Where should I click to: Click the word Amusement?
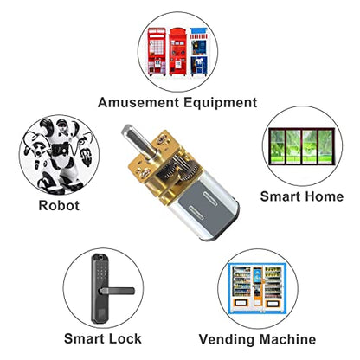click(x=138, y=102)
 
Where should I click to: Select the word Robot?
click(x=59, y=206)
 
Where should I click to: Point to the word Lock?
click(x=125, y=338)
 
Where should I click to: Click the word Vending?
click(x=226, y=339)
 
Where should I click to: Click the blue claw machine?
click(x=199, y=51)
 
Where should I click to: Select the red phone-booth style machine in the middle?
click(x=177, y=52)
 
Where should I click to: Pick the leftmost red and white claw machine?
click(x=157, y=51)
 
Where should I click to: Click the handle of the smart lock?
click(x=117, y=291)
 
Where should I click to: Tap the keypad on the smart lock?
click(x=101, y=273)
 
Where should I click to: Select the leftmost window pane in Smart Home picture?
click(x=277, y=146)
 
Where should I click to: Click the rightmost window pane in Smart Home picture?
click(x=326, y=146)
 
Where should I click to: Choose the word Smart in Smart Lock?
click(x=84, y=338)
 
